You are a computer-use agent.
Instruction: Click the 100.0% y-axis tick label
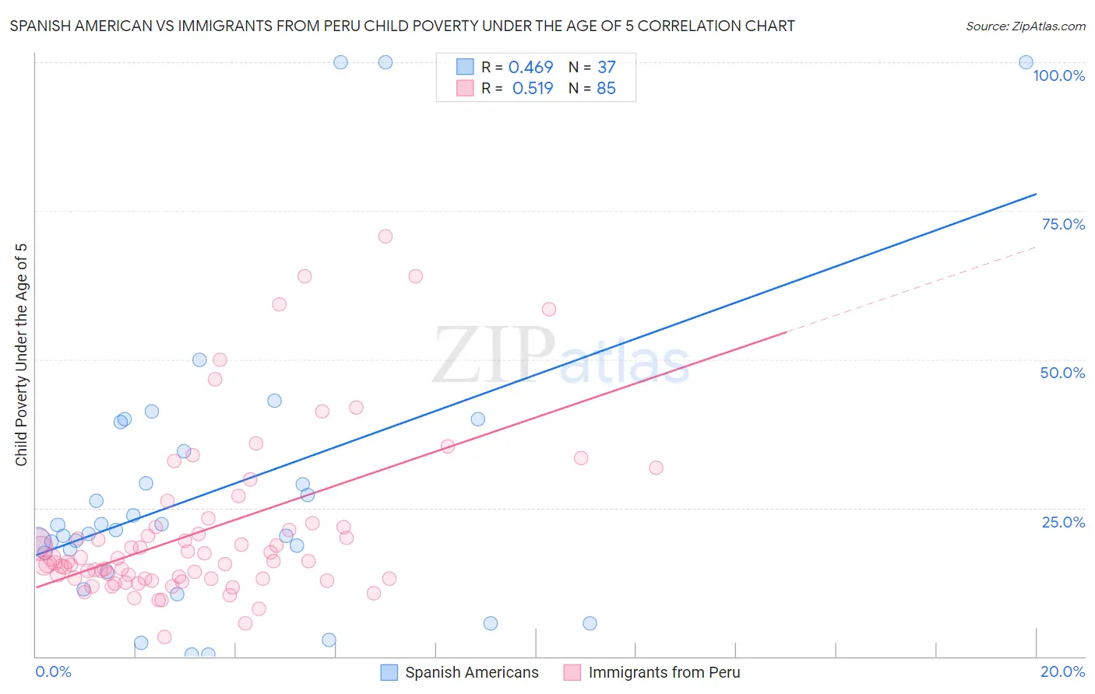pos(1058,75)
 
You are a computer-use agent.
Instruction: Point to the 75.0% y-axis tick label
pos(1063,224)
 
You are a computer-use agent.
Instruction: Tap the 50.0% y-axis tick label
pos(1062,373)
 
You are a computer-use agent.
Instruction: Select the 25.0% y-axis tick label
pos(1063,522)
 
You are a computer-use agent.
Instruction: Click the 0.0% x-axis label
pos(53,671)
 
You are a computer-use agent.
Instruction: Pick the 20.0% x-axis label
pos(1062,671)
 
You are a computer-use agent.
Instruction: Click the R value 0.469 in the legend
pos(530,68)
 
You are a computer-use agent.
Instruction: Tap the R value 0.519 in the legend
pos(533,89)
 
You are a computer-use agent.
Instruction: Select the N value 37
pos(607,68)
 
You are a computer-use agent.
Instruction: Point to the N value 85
pos(606,89)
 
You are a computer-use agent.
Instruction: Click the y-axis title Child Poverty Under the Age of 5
pos(21,355)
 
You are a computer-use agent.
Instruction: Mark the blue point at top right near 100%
pos(1026,62)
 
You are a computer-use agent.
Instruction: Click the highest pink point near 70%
pos(386,237)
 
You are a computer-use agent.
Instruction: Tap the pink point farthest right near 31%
pos(656,468)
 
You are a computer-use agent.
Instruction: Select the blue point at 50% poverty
pos(199,359)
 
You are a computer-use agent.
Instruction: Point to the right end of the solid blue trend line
pos(1036,194)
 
